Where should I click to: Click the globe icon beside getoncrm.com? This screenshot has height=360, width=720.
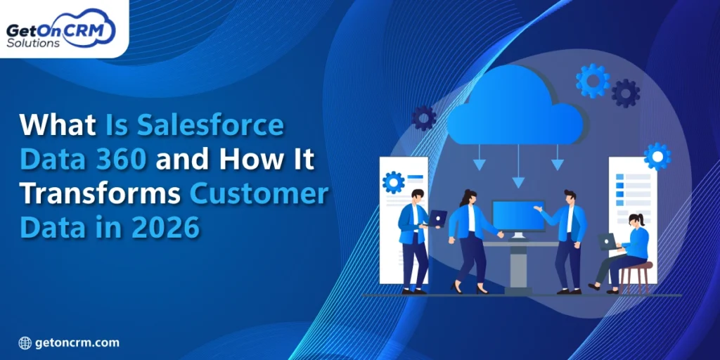(x=25, y=343)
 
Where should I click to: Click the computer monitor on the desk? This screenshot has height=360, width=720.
(x=518, y=217)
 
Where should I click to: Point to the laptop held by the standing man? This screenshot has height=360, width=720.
(x=437, y=219)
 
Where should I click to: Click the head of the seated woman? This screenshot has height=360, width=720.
(x=636, y=221)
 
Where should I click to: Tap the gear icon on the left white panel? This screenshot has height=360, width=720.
(x=393, y=182)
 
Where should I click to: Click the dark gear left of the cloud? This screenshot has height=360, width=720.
(x=423, y=117)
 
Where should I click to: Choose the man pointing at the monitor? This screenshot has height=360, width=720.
(x=568, y=239)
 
